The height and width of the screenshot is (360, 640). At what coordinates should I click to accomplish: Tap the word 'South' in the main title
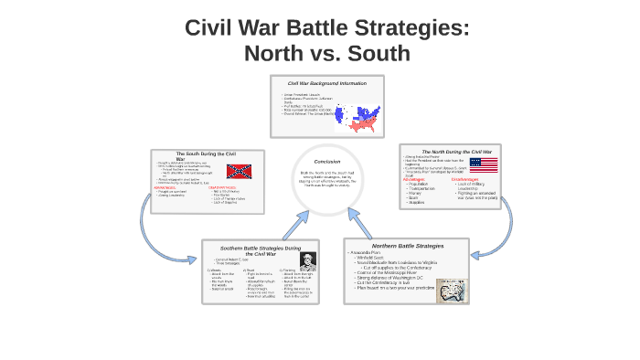(373, 54)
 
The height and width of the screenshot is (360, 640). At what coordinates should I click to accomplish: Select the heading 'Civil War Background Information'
(326, 83)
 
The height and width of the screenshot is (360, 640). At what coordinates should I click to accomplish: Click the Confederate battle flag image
(239, 171)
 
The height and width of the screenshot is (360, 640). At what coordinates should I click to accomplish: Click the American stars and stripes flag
(484, 164)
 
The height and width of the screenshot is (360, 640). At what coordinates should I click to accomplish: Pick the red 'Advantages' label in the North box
(414, 179)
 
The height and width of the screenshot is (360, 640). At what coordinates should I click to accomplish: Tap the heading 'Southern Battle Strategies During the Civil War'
(261, 250)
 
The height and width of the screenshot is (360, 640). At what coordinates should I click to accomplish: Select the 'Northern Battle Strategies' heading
(407, 246)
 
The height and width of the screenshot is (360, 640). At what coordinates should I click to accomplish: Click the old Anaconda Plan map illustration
(450, 288)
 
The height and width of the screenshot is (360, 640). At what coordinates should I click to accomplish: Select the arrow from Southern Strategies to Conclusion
(295, 224)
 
